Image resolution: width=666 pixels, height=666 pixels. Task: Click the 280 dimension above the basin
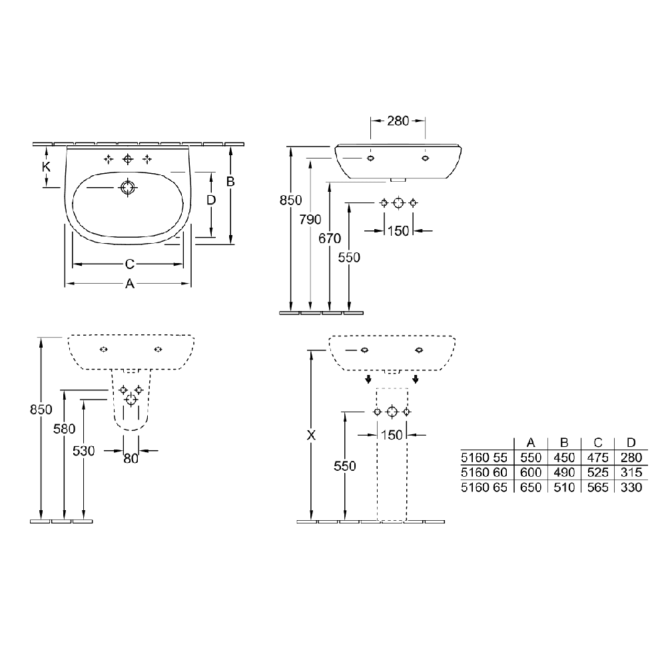(398, 121)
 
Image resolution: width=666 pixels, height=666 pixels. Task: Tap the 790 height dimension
(310, 220)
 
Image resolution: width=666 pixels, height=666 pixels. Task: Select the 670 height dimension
(330, 238)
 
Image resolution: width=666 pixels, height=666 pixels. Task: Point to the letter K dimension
(47, 167)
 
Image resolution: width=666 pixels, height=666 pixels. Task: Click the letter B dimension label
(230, 182)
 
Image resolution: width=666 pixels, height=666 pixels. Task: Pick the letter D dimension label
(211, 200)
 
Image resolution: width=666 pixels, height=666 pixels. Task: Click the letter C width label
(130, 264)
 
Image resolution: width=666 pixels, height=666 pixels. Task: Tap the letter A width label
(130, 283)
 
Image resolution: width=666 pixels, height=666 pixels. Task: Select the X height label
(311, 435)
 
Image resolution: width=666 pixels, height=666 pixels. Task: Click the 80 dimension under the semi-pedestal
(131, 459)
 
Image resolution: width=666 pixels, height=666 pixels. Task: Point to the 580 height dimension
(64, 429)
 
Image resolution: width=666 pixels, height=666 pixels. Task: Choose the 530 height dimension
(84, 451)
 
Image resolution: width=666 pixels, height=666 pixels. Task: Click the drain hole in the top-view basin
(127, 187)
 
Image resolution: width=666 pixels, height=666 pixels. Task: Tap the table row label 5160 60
(484, 472)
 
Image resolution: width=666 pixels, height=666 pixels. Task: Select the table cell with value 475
(598, 458)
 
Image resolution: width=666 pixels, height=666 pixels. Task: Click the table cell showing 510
(564, 488)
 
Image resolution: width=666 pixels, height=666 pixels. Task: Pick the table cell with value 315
(631, 472)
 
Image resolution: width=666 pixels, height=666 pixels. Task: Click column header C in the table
(598, 443)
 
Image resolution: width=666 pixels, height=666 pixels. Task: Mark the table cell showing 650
(531, 488)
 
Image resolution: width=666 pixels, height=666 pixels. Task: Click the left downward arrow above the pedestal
(368, 379)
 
